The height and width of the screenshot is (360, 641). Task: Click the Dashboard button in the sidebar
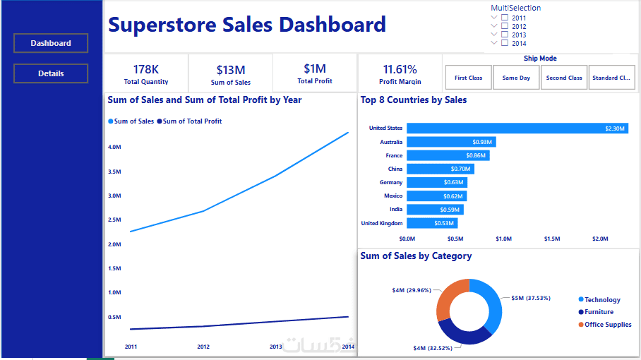tap(51, 43)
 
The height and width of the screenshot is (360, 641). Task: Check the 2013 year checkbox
tap(505, 35)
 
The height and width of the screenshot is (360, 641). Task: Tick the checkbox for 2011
tap(505, 18)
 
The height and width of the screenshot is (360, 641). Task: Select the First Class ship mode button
tap(469, 78)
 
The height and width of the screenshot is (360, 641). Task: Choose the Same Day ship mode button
tap(516, 78)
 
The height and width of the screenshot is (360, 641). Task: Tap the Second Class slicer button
tap(564, 78)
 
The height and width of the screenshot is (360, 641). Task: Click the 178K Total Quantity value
tap(146, 69)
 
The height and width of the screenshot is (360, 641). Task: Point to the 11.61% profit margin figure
tap(400, 69)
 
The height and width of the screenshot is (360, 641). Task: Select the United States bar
tap(517, 128)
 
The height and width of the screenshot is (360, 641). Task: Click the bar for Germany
tap(437, 182)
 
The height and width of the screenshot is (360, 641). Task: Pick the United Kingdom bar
tap(432, 223)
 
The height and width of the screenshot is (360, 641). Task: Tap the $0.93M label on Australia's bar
tap(482, 142)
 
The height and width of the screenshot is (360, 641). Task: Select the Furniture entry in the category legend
tap(596, 312)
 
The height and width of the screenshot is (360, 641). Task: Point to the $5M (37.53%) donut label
tap(531, 298)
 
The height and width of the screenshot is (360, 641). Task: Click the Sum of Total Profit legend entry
tap(190, 121)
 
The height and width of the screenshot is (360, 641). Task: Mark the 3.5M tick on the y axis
tap(114, 172)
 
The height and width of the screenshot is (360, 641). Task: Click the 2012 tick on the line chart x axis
tap(203, 347)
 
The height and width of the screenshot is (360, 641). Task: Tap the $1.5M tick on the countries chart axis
tap(552, 239)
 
